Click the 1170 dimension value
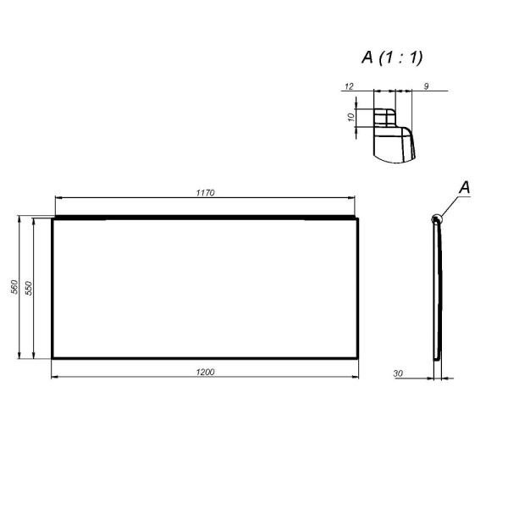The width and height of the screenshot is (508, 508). (x=206, y=193)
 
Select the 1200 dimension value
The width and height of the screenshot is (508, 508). (x=206, y=372)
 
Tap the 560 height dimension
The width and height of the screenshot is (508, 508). (x=14, y=288)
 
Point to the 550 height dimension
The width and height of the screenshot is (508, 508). (x=29, y=288)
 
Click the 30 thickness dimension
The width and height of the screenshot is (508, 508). (x=398, y=372)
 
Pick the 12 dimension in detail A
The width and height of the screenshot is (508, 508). (x=348, y=86)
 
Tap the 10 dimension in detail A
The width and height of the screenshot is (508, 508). (x=351, y=117)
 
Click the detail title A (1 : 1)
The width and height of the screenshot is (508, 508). (x=392, y=58)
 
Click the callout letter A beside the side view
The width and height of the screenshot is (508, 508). (x=464, y=187)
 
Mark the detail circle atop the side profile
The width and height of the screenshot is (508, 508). (x=436, y=220)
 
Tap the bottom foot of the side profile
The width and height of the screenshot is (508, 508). (x=435, y=356)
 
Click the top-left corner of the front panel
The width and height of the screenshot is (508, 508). (x=52, y=219)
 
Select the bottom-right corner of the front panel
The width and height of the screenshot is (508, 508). (x=360, y=359)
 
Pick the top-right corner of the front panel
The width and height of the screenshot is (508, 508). (x=360, y=219)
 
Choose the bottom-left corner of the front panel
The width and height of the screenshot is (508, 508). (x=52, y=359)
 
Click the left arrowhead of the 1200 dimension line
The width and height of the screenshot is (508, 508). (x=55, y=378)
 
